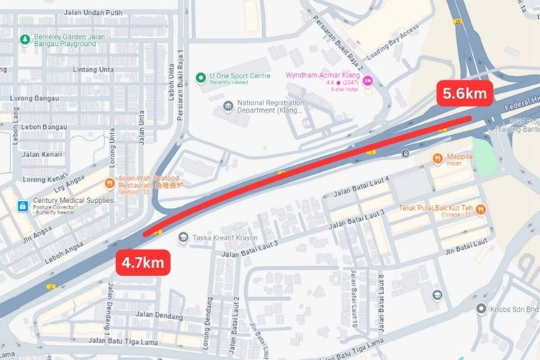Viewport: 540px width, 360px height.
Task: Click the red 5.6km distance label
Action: [465, 94]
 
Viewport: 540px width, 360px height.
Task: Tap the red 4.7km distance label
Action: [143, 262]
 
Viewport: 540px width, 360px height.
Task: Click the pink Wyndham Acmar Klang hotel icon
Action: [368, 80]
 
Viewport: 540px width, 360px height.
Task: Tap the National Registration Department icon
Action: [228, 107]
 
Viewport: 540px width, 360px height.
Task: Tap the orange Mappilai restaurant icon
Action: [437, 158]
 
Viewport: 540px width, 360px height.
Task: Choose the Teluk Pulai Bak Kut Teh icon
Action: [480, 210]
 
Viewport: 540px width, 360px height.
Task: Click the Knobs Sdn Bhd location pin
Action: [480, 308]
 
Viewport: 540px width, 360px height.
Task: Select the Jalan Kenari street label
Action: [41, 154]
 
